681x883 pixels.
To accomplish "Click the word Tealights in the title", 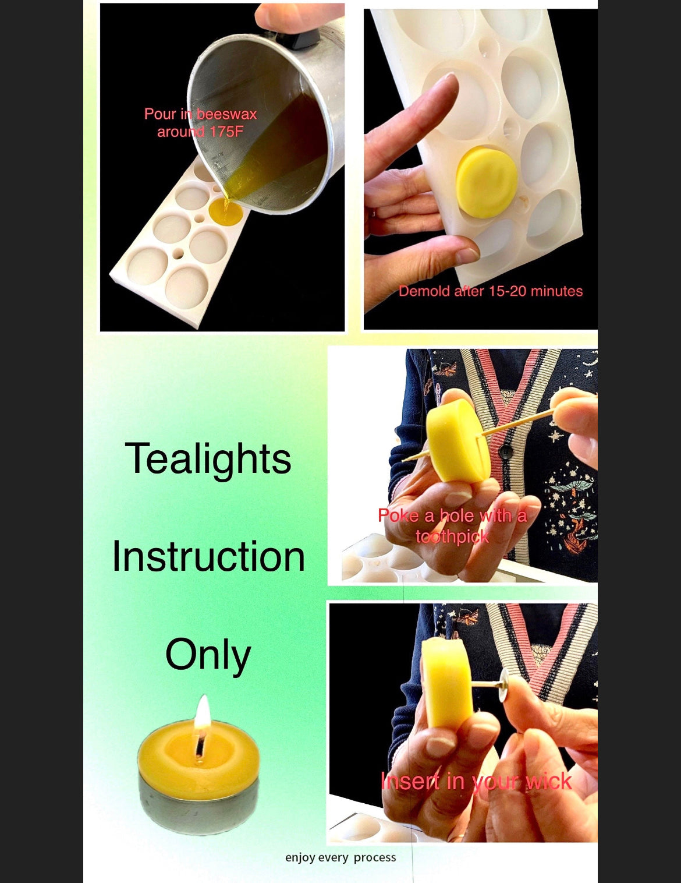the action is point(208,459).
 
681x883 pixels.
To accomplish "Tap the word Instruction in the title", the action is point(208,557).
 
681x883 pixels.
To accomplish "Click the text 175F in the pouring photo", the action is point(226,132).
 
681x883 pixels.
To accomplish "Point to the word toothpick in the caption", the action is point(452,537).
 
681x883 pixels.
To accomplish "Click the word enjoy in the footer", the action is point(300,857).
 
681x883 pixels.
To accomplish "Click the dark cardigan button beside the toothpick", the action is point(505,452).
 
